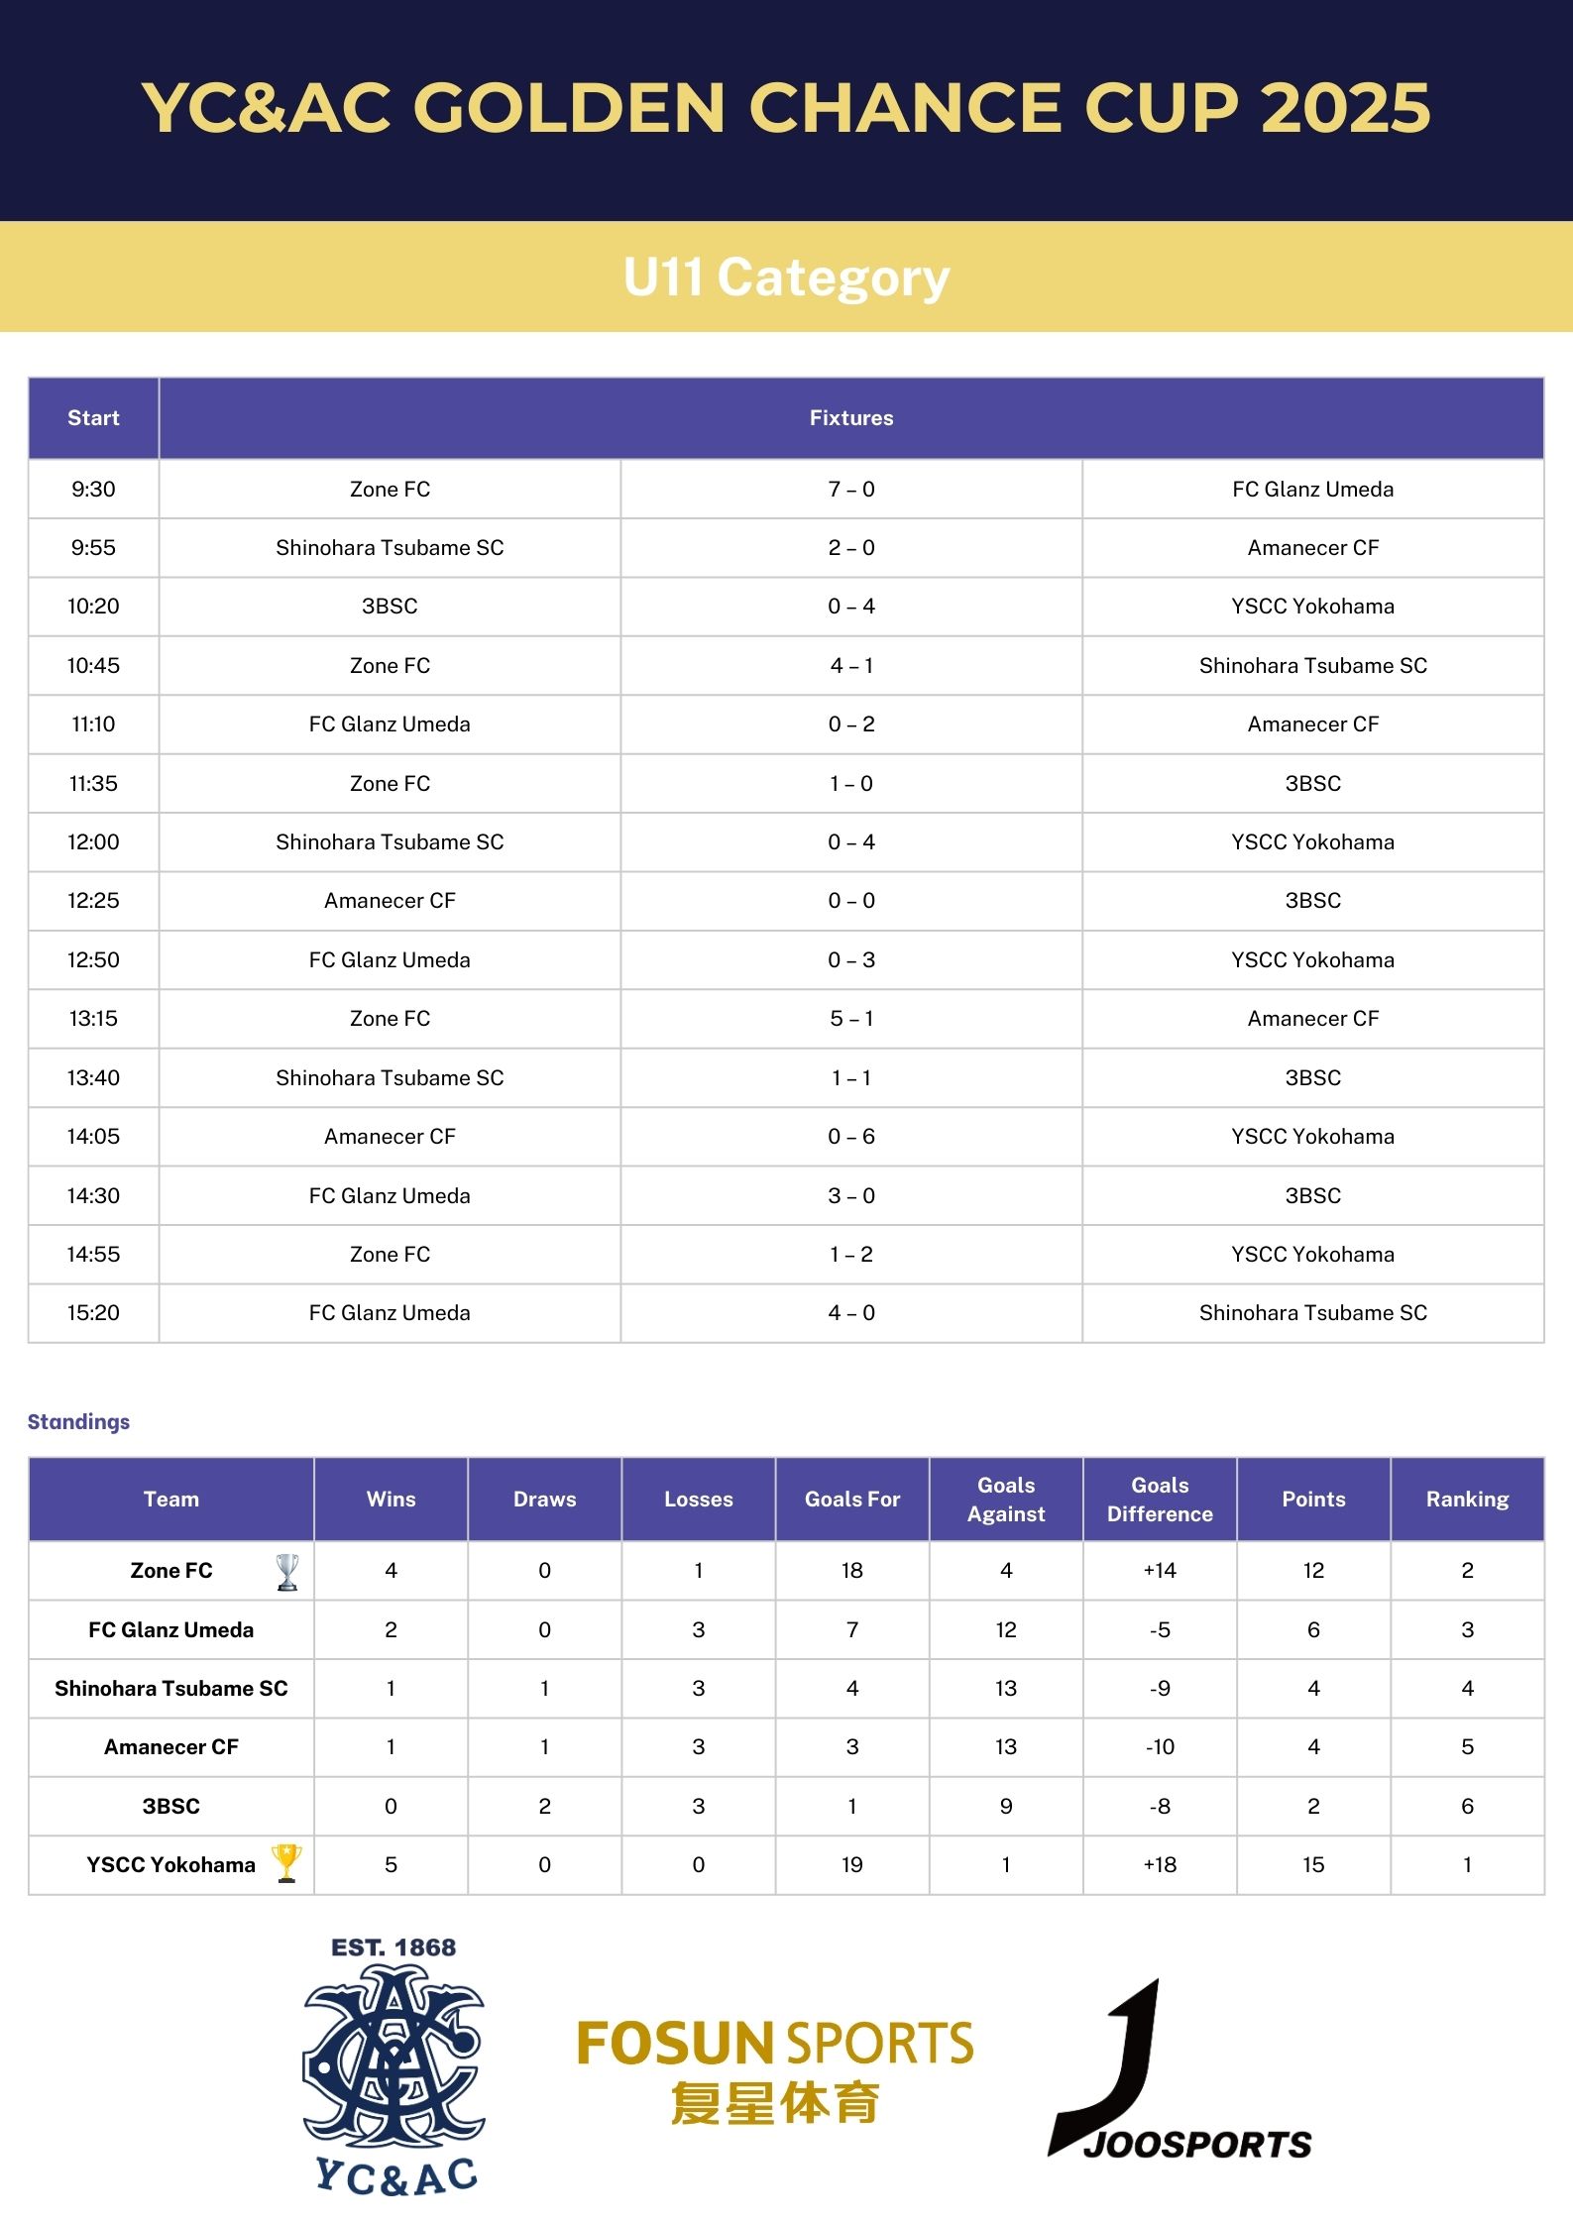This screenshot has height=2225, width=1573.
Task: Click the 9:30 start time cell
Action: point(93,489)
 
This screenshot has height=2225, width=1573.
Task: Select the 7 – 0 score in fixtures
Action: point(851,489)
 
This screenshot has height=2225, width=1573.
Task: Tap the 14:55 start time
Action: point(93,1254)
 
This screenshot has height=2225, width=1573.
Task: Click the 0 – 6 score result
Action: point(851,1136)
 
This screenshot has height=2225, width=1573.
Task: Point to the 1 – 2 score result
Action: point(851,1254)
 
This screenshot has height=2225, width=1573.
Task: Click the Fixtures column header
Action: point(851,417)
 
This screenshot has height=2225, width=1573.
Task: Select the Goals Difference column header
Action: point(1160,1499)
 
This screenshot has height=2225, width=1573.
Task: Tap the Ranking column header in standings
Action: point(1467,1499)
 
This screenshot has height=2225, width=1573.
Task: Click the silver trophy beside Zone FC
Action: point(287,1571)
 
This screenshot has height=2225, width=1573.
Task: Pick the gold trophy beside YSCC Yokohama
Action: point(286,1862)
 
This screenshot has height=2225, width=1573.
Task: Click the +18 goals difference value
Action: point(1160,1864)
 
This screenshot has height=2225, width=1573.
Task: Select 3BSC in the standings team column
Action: point(171,1806)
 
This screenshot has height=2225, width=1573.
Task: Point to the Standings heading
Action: point(78,1421)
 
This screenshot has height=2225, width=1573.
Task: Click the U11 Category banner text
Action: point(786,277)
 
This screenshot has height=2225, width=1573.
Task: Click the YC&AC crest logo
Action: point(394,2066)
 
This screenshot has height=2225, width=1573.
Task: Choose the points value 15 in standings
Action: point(1313,1864)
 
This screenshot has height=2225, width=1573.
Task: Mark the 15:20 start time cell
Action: point(93,1312)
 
